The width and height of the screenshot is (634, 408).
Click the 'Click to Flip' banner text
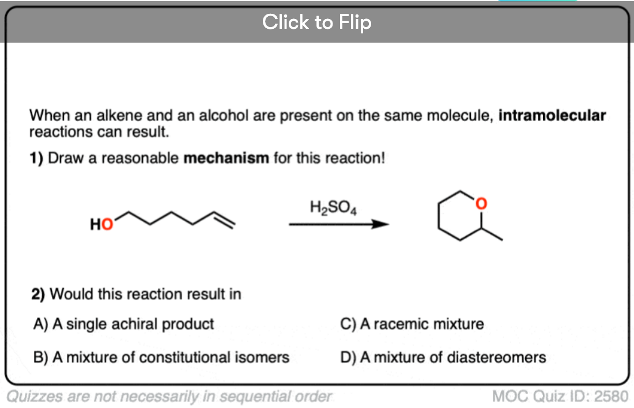(x=316, y=22)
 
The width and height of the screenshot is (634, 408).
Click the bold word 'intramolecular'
(x=552, y=115)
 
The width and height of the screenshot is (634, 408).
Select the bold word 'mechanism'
(x=226, y=158)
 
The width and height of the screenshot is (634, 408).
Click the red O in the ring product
(x=481, y=203)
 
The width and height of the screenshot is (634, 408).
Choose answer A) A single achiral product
(x=124, y=324)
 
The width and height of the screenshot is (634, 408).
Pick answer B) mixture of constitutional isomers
(x=161, y=357)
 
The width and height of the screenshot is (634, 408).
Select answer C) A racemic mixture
(x=412, y=324)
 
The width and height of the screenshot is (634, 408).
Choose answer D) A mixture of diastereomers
(x=443, y=357)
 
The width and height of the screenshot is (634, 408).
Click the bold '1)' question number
(x=36, y=158)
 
